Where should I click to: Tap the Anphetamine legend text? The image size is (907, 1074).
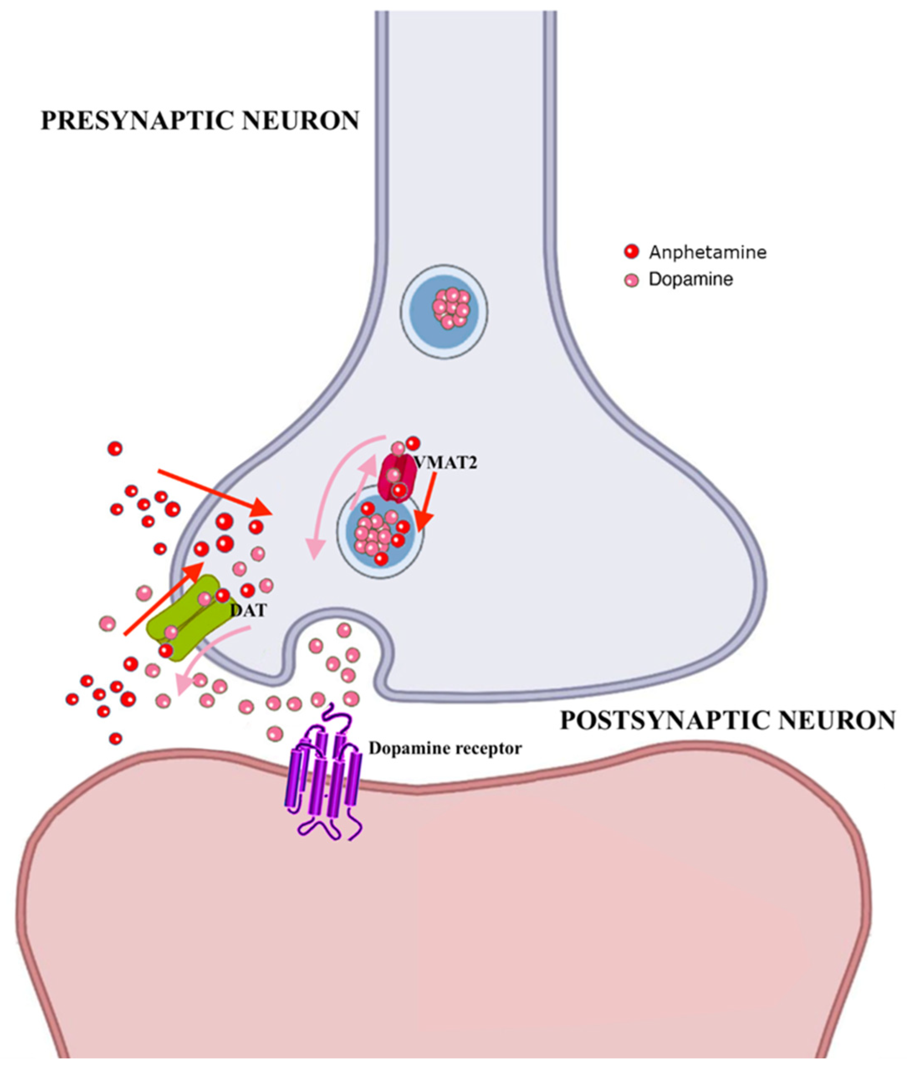click(707, 253)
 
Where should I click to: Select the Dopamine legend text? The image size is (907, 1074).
click(690, 280)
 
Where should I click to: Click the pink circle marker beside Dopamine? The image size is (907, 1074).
click(631, 280)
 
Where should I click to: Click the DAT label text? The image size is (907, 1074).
click(249, 611)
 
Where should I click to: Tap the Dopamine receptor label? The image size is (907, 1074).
click(445, 749)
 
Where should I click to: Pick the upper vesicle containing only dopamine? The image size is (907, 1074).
click(445, 309)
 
